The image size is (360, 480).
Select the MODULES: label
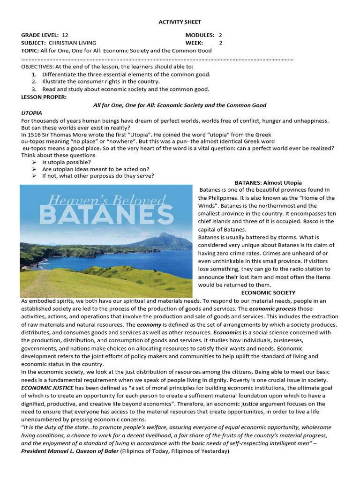pyautogui.click(x=200, y=35)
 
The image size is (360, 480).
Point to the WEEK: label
pyautogui.click(x=195, y=43)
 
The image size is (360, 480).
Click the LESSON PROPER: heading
pyautogui.click(x=44, y=97)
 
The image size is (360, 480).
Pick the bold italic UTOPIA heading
pyautogui.click(x=32, y=113)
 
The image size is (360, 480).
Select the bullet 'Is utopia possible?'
pyautogui.click(x=67, y=162)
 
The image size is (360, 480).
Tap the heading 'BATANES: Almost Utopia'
pyautogui.click(x=268, y=182)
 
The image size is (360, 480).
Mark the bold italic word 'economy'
pyautogui.click(x=149, y=324)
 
